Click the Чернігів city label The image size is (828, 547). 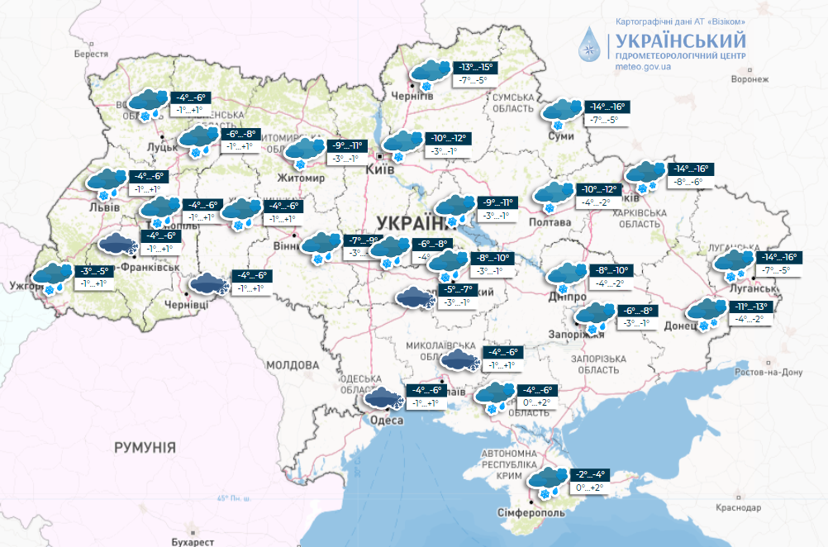click(x=416, y=96)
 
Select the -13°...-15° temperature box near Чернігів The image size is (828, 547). click(x=476, y=68)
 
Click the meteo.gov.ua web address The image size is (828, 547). click(x=643, y=66)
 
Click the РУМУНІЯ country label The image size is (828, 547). click(x=145, y=447)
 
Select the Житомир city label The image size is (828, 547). click(x=302, y=178)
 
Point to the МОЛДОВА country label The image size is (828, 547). click(x=293, y=364)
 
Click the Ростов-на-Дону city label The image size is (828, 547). click(x=769, y=372)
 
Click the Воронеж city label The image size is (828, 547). click(x=749, y=79)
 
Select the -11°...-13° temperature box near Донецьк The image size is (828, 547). click(x=750, y=307)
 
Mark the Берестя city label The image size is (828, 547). click(x=91, y=54)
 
